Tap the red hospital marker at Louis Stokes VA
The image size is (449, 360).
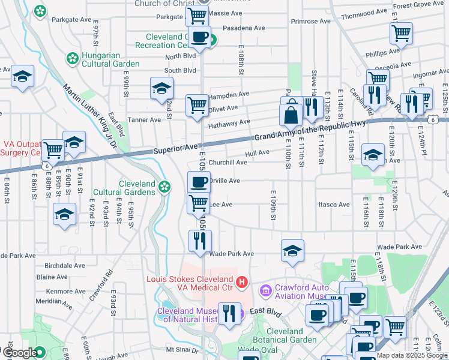point(241,281)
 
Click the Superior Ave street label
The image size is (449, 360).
point(175,148)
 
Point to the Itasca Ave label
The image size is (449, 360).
point(335,205)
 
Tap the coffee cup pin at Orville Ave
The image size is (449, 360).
point(199,182)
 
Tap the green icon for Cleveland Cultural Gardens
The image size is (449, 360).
point(164,187)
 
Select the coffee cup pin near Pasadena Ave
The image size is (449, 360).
point(199,37)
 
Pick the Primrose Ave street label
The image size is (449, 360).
point(310,21)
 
